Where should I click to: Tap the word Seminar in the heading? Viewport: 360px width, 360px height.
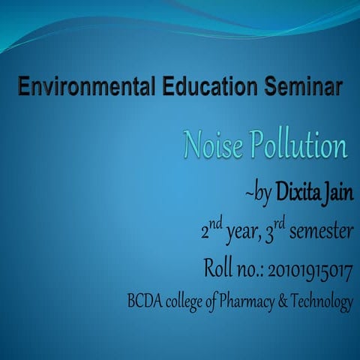click(303, 88)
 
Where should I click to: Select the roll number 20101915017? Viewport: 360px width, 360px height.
click(308, 268)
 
